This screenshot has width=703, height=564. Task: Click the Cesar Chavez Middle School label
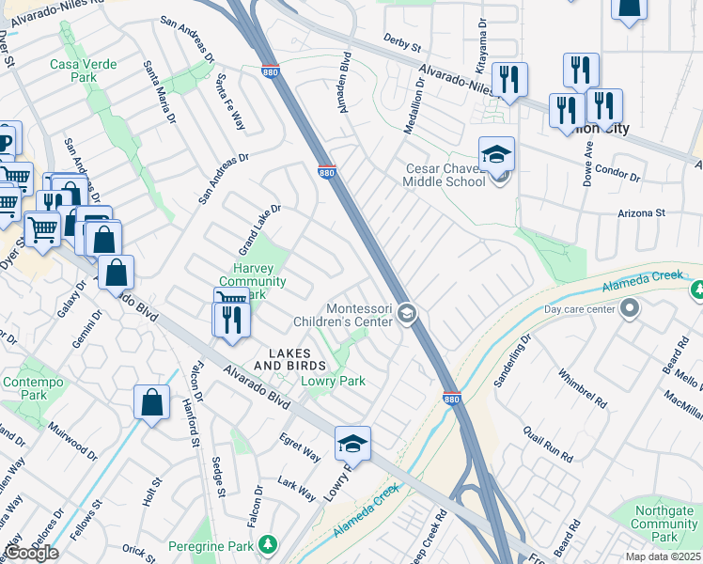point(445,175)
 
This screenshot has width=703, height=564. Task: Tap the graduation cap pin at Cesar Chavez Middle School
point(497,154)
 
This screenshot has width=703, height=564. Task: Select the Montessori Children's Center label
point(358,315)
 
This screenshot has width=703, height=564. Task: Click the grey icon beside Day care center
point(629,308)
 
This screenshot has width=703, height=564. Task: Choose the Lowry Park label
point(332,381)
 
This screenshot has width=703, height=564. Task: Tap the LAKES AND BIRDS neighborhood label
point(290,365)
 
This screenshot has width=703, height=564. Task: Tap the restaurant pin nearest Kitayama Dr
point(509,80)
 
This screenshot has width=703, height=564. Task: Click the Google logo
point(31,553)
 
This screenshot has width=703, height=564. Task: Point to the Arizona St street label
point(641,213)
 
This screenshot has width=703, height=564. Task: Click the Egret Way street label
point(300,447)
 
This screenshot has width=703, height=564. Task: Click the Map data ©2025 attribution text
point(664,556)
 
